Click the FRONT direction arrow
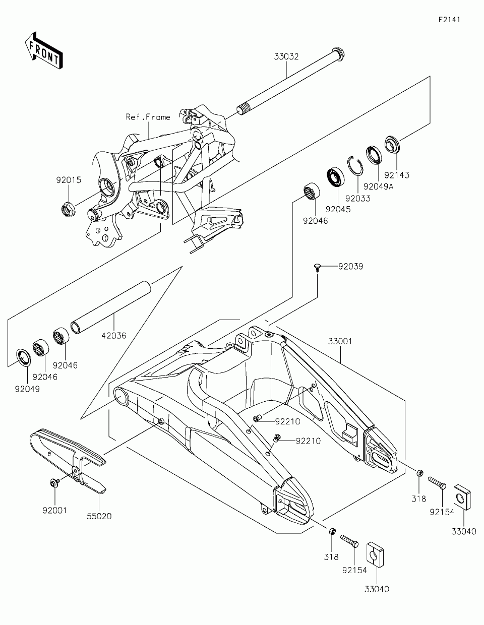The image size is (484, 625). pos(44,51)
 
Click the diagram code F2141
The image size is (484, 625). pos(449,20)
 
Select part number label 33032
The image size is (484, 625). pos(286,56)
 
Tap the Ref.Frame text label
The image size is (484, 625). pos(148,117)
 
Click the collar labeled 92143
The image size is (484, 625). pos(392,144)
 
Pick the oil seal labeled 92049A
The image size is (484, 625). pos(375,155)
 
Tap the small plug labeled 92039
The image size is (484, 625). pos(317,268)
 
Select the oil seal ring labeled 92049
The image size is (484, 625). pos(24,357)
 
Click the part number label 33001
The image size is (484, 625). pos(340,342)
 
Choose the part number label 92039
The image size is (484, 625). pos(350,267)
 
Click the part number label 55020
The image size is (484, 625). pos(99,516)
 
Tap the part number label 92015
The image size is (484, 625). pos(69,180)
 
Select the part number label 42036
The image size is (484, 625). pos(114,336)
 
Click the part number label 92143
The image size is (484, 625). pos(397,175)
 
